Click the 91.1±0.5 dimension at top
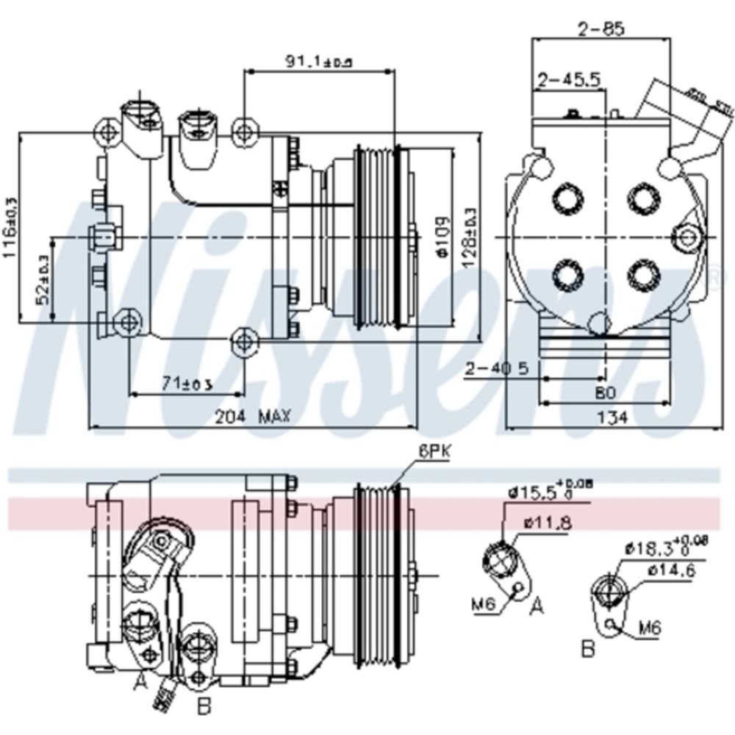[x=318, y=62]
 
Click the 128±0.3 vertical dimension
[x=470, y=232]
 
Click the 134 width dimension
[x=608, y=417]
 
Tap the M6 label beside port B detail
[x=649, y=628]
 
